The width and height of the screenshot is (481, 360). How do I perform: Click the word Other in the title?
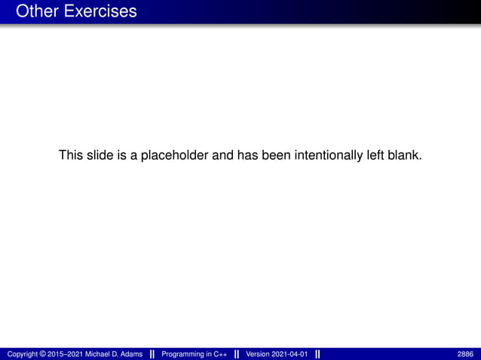point(34,11)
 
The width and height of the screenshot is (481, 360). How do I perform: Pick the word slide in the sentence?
point(98,156)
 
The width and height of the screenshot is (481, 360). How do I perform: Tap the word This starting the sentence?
point(71,156)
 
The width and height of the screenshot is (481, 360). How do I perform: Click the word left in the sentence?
point(375,156)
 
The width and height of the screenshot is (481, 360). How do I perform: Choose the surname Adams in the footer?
point(129,354)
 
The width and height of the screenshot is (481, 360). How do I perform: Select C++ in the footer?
point(220,354)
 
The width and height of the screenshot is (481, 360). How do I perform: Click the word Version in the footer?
point(259,354)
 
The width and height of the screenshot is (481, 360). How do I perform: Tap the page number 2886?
point(465,354)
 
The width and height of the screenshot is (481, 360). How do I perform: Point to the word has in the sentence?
point(249,156)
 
